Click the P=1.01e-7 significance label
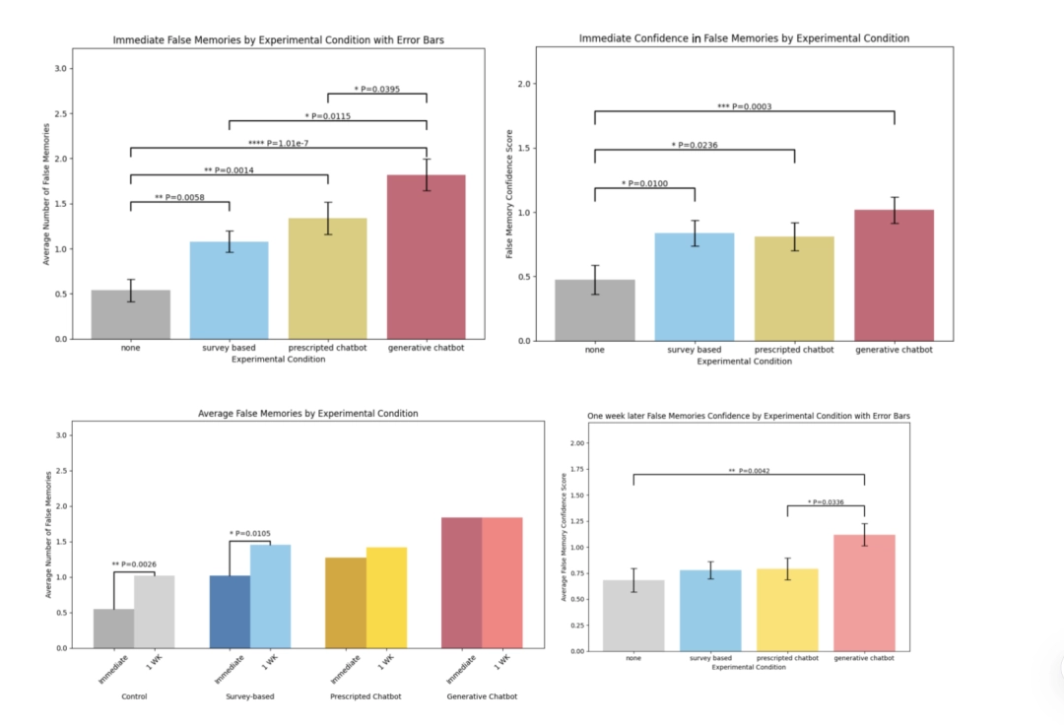tap(278, 143)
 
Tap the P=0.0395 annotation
tap(376, 89)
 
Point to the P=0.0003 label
tap(744, 106)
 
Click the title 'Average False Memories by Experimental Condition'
tap(307, 414)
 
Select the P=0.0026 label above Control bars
tap(133, 564)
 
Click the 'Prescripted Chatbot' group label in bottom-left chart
tap(365, 696)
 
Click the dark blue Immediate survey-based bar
tap(230, 611)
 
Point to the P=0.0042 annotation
tap(748, 471)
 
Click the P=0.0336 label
tap(826, 502)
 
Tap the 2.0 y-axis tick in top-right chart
tap(533, 85)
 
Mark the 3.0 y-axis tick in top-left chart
tap(61, 69)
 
